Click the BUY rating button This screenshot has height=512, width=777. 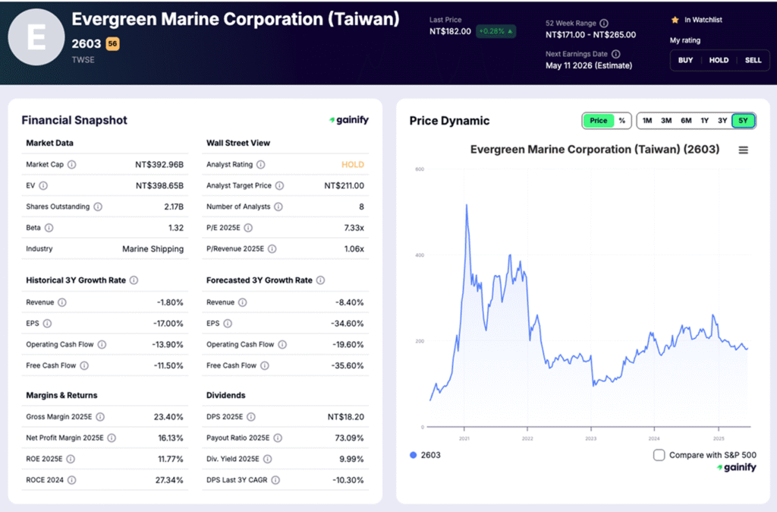(x=685, y=60)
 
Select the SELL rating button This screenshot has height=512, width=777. (x=753, y=60)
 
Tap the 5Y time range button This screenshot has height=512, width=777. (x=743, y=121)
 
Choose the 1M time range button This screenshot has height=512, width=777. (x=647, y=121)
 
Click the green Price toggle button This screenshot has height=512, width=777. (x=599, y=121)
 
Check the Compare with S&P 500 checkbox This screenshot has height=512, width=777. (x=659, y=455)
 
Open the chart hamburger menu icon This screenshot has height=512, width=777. (x=743, y=150)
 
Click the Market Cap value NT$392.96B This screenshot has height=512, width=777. (x=159, y=164)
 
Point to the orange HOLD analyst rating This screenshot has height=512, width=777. (x=353, y=164)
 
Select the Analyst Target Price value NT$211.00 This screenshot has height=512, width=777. (x=344, y=185)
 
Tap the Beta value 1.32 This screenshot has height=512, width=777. (x=175, y=228)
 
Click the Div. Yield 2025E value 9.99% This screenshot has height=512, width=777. (x=351, y=459)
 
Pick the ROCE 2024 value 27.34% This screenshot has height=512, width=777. (x=168, y=480)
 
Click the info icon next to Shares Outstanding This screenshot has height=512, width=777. (x=98, y=207)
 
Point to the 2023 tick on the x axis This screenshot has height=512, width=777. (x=591, y=438)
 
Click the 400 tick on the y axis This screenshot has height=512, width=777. (x=419, y=254)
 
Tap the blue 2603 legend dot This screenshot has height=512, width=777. (x=413, y=455)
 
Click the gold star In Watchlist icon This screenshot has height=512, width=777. (x=675, y=20)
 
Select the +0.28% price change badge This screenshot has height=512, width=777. (x=495, y=31)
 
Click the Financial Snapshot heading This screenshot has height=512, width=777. (x=74, y=120)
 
